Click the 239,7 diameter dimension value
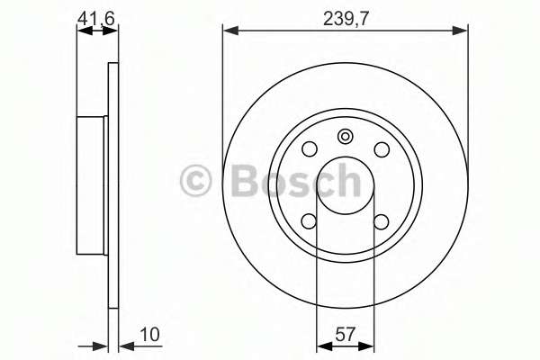pos(346,19)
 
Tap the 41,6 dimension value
pos(95,18)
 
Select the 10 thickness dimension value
pos(150,334)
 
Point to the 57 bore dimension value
pos(345,334)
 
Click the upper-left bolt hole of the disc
pos(310,149)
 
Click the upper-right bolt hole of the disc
pos(382,149)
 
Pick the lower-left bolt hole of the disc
pos(310,221)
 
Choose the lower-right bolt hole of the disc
pos(382,221)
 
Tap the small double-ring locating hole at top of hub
pos(345,137)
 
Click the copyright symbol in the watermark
pos(195,180)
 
